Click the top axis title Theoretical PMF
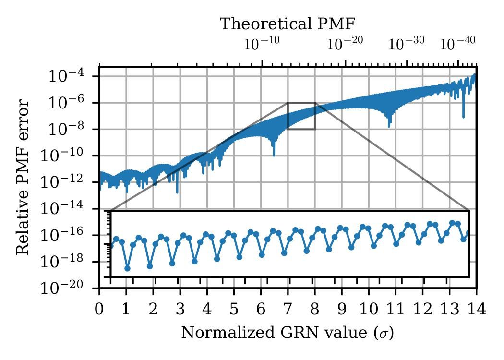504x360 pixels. (x=288, y=24)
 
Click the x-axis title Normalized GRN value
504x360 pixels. (x=287, y=332)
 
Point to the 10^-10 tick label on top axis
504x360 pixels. (x=262, y=44)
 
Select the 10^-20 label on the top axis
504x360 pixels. (x=345, y=44)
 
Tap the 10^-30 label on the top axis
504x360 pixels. (x=407, y=44)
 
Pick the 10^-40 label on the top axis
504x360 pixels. (x=457, y=44)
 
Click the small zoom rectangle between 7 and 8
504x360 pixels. (x=301, y=116)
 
